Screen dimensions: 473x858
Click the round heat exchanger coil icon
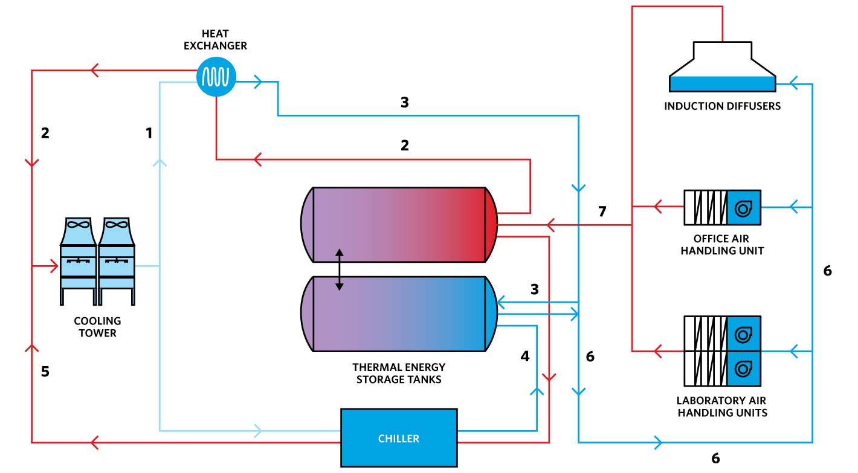(216, 76)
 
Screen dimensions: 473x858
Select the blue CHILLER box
(398, 438)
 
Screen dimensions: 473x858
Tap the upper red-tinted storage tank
(399, 225)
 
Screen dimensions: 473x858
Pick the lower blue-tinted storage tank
(399, 313)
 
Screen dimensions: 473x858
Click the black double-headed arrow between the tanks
(340, 269)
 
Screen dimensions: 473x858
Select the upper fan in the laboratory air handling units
(743, 334)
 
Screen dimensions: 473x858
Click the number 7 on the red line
(602, 211)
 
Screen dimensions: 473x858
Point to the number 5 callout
(45, 372)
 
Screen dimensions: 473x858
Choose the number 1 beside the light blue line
(149, 134)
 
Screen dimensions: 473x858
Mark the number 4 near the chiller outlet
(525, 356)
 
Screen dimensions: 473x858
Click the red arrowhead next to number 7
(550, 225)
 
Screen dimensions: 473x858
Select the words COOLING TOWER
(97, 327)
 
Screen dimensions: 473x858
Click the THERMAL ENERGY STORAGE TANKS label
(399, 373)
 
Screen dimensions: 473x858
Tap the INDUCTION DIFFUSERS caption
(722, 106)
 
